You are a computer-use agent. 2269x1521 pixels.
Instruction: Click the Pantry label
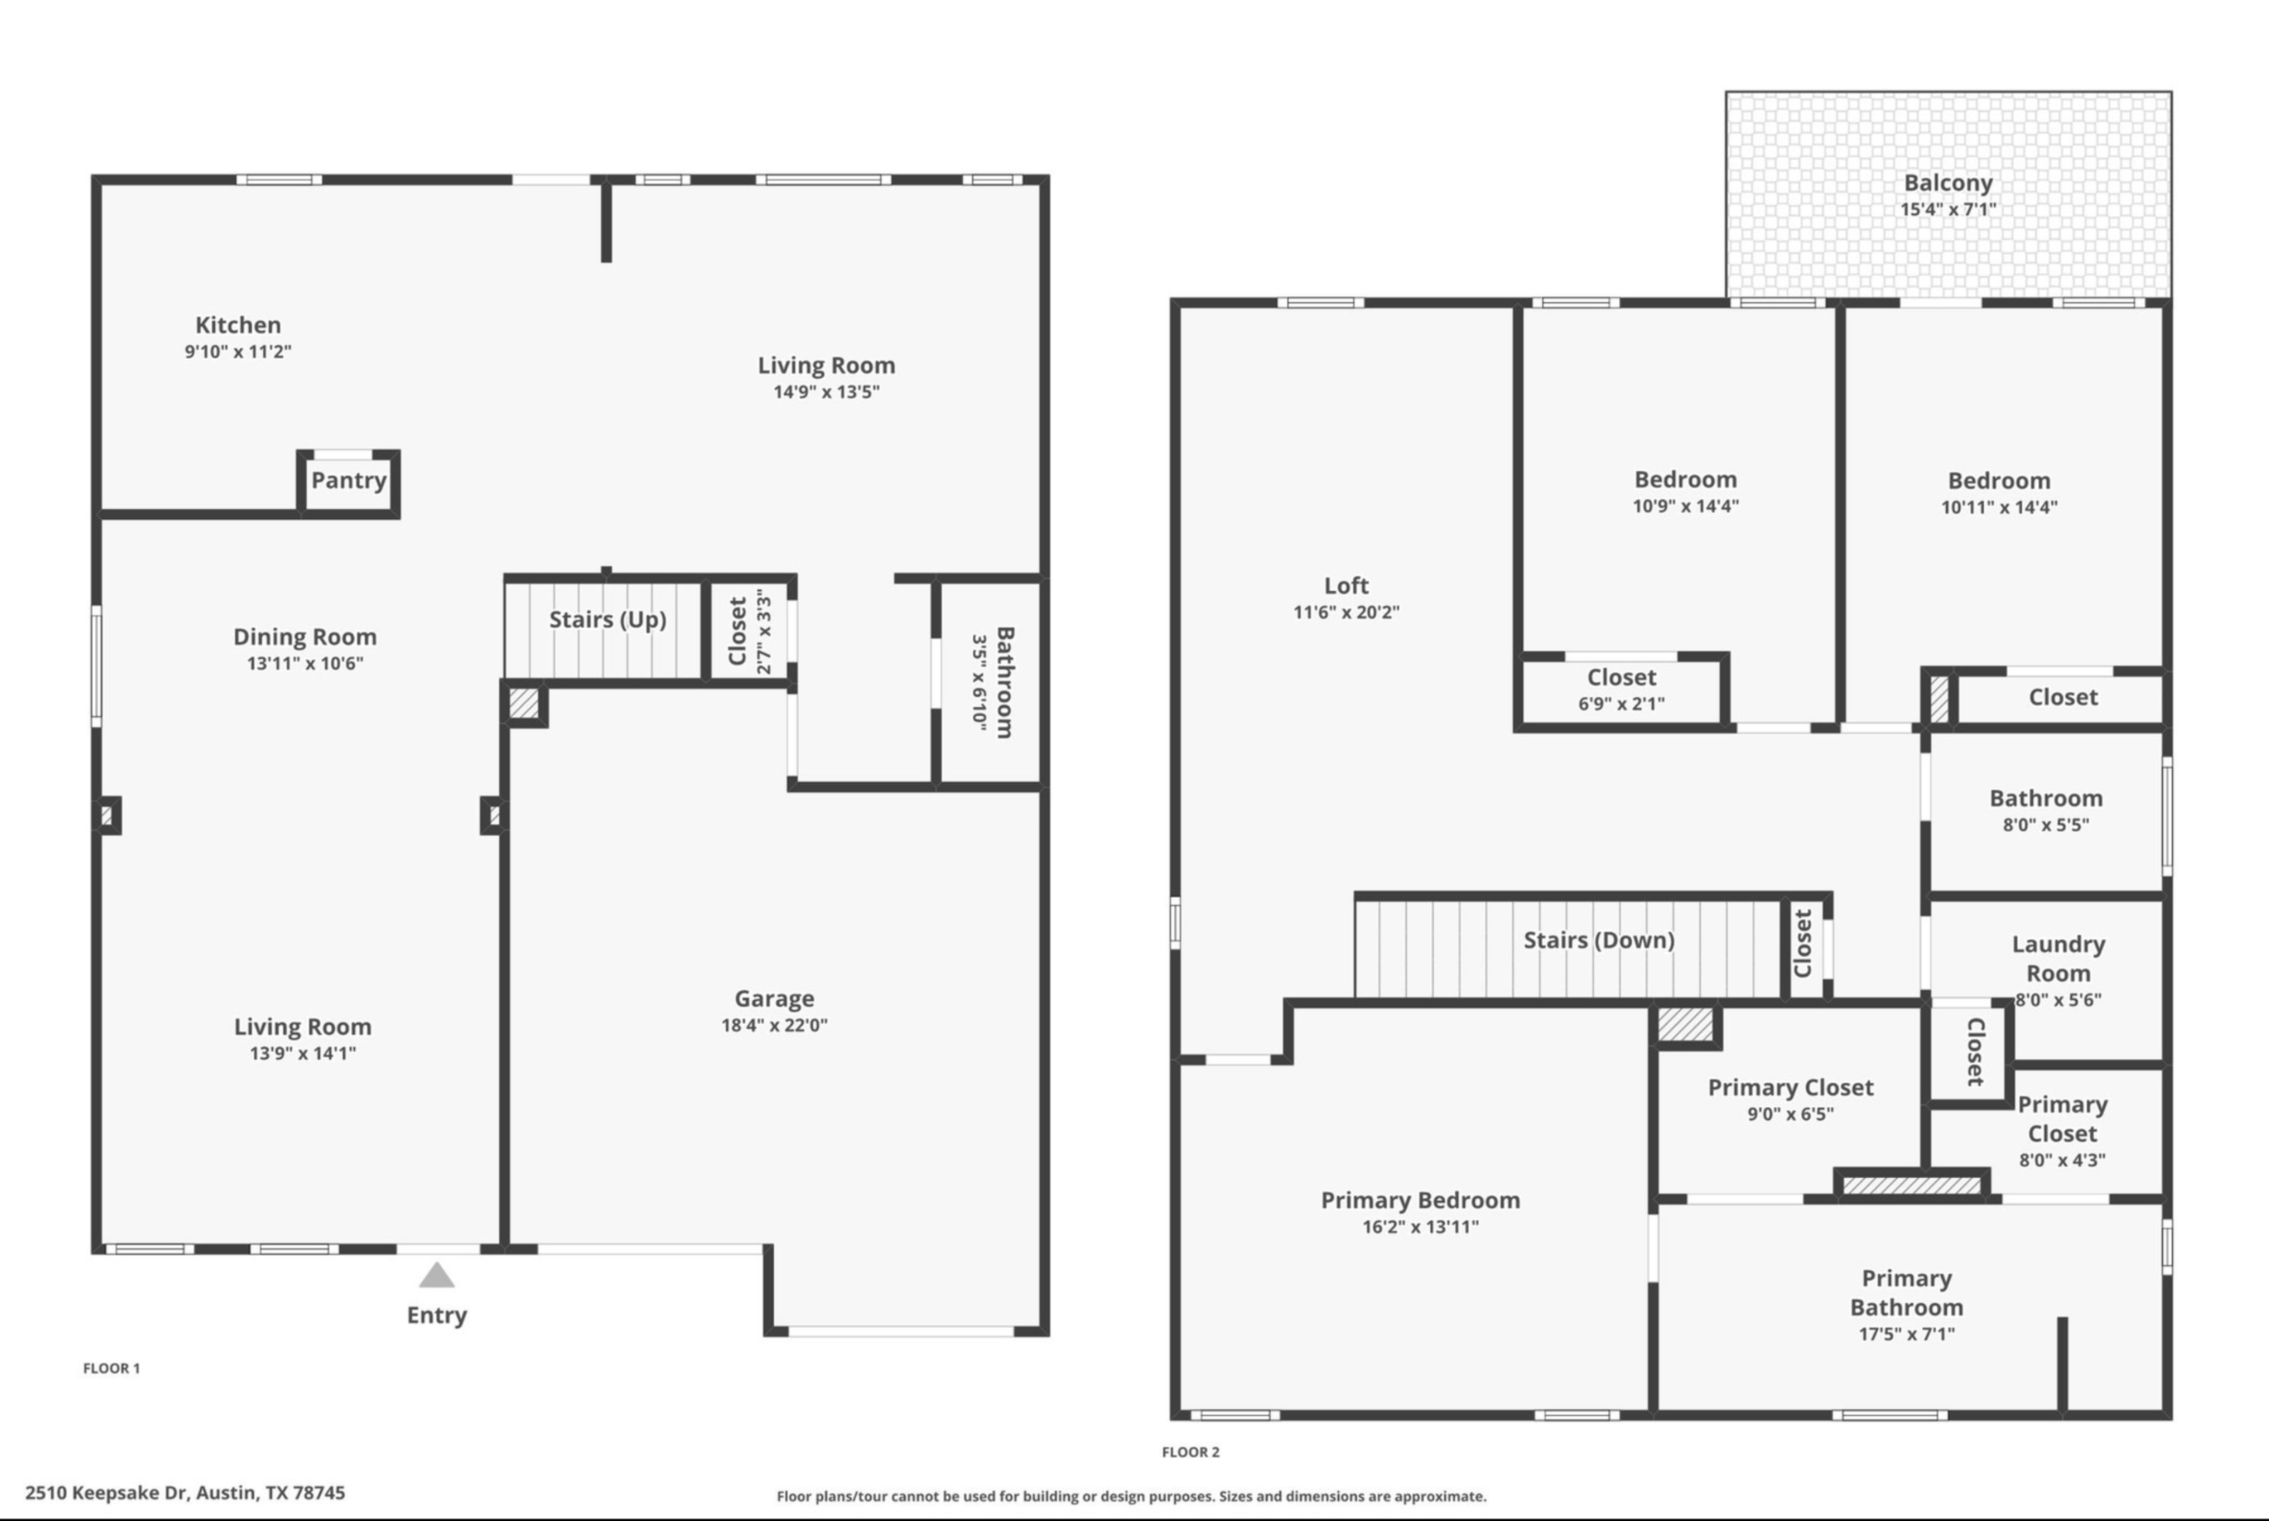[348, 480]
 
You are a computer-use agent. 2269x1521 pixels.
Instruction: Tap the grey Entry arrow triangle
[437, 1275]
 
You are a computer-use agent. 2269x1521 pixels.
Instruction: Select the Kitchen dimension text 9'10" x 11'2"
[239, 351]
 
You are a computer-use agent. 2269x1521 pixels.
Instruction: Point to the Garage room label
[774, 998]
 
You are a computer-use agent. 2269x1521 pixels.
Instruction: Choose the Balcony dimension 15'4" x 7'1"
[1948, 209]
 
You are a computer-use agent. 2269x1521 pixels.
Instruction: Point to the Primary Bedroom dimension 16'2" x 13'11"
[1420, 1226]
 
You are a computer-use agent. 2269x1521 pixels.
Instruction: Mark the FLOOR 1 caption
[112, 1368]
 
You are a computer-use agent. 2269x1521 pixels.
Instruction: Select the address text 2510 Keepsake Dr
[107, 1493]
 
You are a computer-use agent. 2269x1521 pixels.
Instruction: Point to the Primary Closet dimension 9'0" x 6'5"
[1790, 1114]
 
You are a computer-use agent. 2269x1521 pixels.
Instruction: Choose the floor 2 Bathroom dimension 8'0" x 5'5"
[2046, 824]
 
